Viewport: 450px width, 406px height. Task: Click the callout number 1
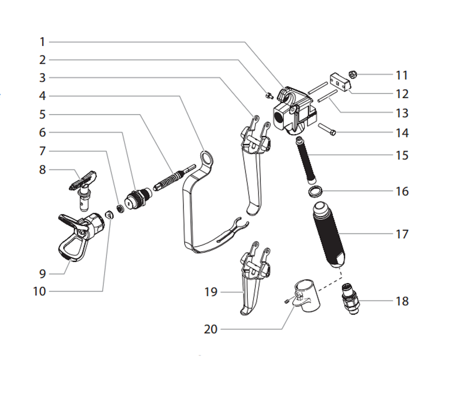pos(42,42)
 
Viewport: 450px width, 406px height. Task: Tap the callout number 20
pos(210,329)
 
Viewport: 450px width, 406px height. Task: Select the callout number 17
pos(402,234)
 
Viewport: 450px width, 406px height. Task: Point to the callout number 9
pos(42,274)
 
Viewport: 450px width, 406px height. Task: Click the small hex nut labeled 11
pos(353,75)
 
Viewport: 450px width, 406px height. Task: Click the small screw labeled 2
pos(269,96)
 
